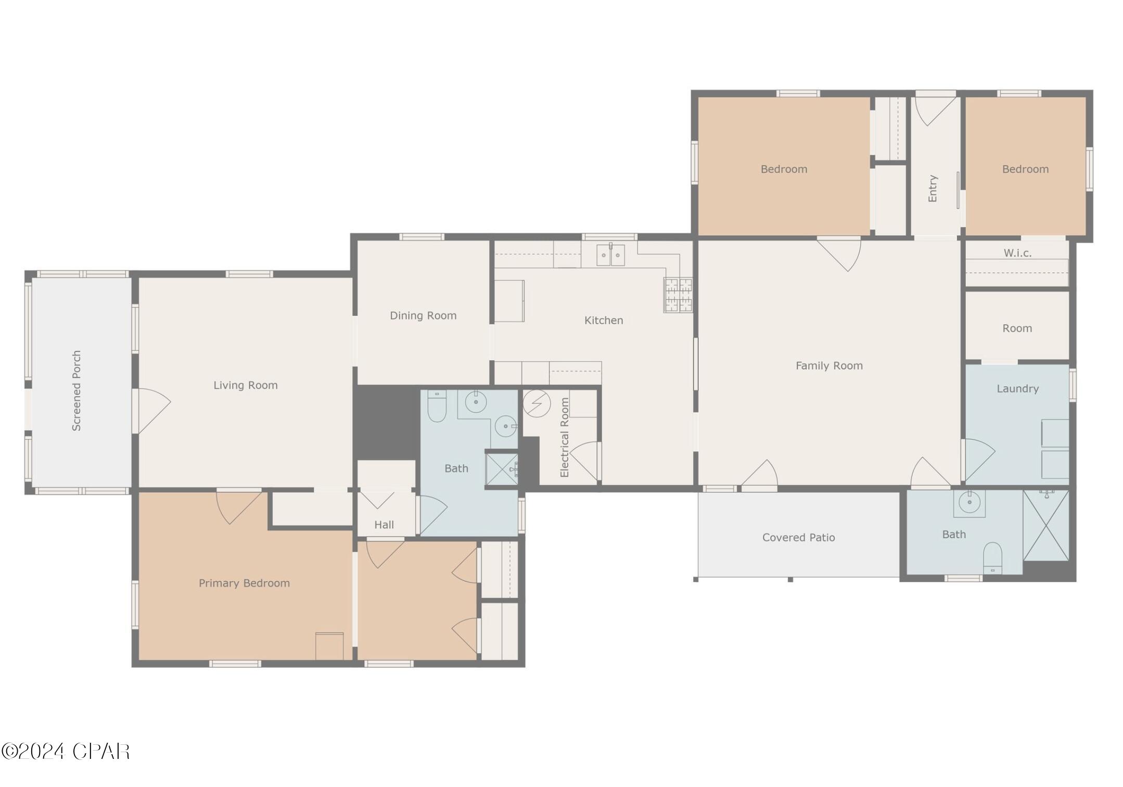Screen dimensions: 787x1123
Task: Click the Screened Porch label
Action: pos(76,391)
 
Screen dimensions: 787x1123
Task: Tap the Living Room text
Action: pos(246,385)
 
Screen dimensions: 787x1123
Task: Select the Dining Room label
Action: pos(423,315)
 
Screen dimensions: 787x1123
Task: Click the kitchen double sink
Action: pos(610,256)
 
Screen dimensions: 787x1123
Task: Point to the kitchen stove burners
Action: pos(678,295)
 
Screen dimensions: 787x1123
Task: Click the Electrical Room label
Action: pos(565,437)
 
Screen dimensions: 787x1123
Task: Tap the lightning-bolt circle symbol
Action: pos(537,403)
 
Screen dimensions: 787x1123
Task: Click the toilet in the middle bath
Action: pos(437,406)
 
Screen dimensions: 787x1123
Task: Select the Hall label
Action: pos(384,525)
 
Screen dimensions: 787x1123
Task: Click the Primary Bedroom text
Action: pos(244,583)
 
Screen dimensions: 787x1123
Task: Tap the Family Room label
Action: pos(829,366)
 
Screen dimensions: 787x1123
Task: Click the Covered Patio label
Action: pos(798,537)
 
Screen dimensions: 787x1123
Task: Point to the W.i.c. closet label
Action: pos(1017,253)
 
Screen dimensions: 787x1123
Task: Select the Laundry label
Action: pos(1017,388)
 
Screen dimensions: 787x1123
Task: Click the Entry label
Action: pos(933,188)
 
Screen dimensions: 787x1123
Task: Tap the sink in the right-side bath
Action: pos(969,503)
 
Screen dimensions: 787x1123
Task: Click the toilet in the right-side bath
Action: pos(992,557)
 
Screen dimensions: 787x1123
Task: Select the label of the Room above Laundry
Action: pos(1017,328)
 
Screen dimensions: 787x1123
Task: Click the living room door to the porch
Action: pos(152,411)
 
